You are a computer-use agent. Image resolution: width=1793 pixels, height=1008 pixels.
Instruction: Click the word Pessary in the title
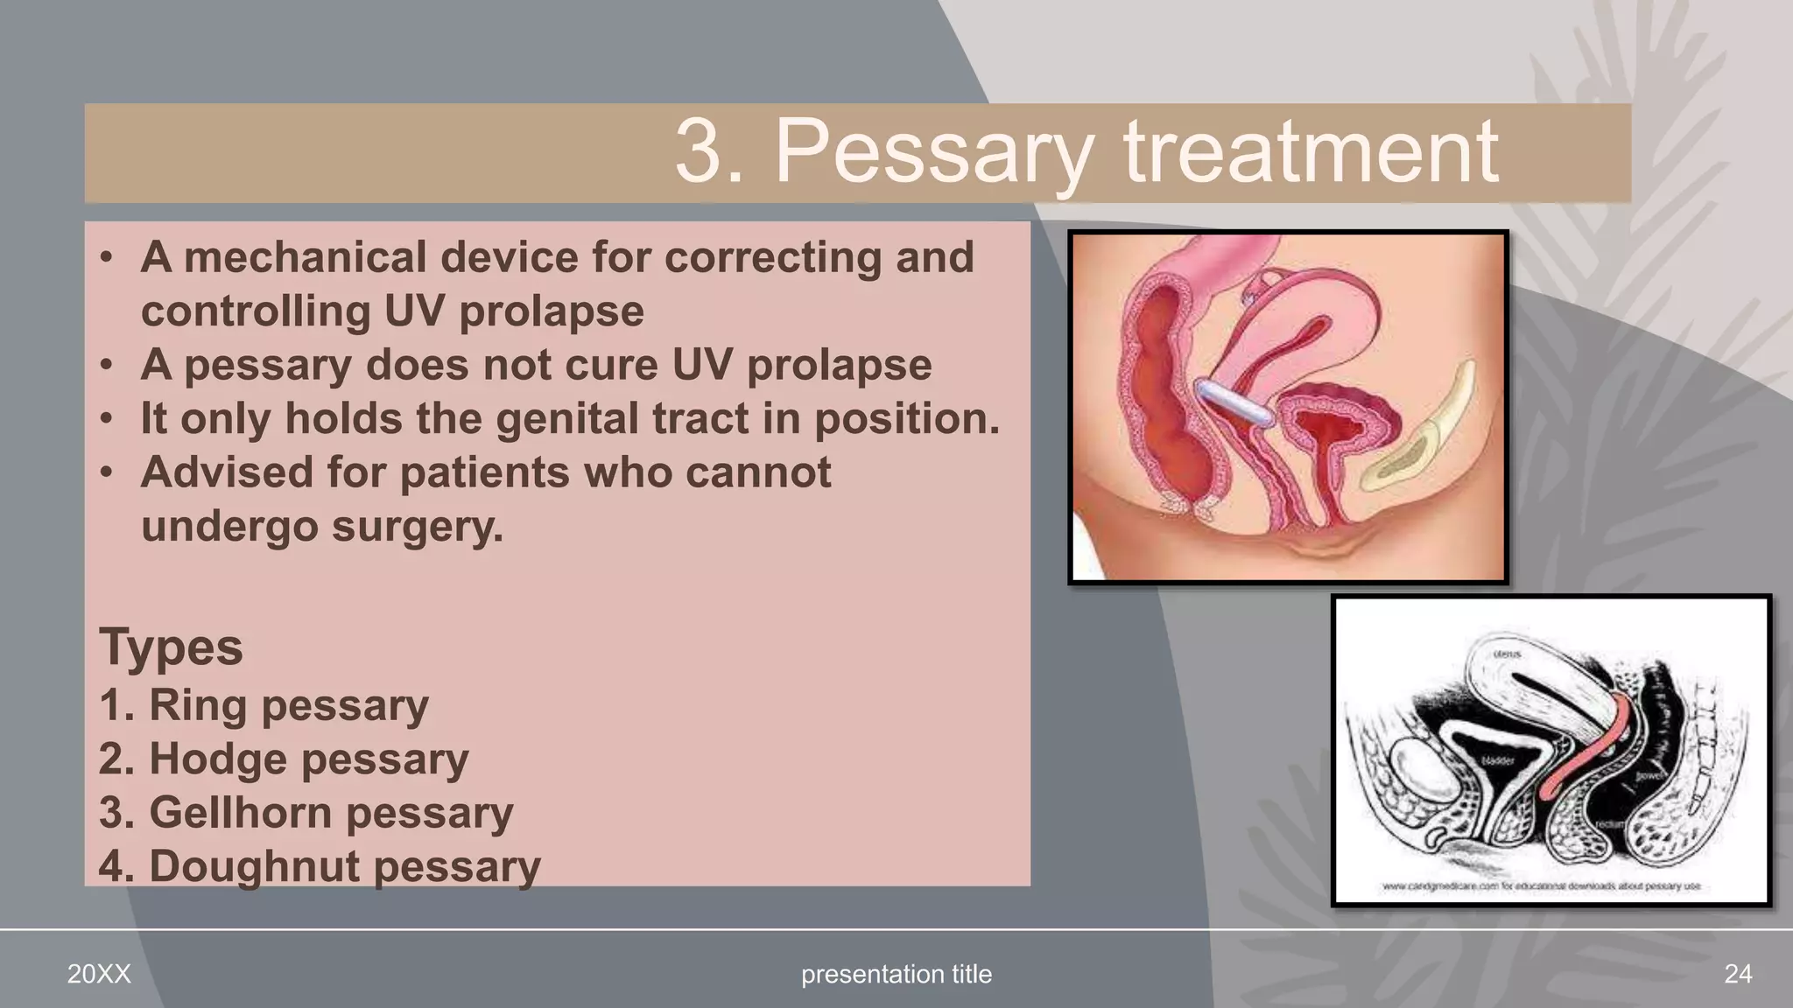(934, 153)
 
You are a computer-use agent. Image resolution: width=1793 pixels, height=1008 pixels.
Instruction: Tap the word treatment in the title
(1311, 153)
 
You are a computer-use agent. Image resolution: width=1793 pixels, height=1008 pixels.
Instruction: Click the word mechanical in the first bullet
(306, 257)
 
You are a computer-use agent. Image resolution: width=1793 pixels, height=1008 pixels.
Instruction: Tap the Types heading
(171, 647)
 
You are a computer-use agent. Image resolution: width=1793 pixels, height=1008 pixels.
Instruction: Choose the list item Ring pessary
(264, 705)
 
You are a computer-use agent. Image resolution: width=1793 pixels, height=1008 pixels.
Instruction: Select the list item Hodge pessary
(284, 759)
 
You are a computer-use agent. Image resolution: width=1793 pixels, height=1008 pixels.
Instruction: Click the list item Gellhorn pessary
(306, 813)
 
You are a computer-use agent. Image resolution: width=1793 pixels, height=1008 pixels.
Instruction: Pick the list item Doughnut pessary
(320, 866)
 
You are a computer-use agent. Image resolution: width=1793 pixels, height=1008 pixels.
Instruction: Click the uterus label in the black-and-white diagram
(1507, 654)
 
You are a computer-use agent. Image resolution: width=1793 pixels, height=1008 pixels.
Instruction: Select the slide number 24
(1737, 974)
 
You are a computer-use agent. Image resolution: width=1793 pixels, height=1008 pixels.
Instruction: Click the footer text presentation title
(896, 974)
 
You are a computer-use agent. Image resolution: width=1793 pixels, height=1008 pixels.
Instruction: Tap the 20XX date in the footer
(99, 974)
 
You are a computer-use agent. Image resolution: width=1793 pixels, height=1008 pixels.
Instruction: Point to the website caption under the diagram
(1541, 886)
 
